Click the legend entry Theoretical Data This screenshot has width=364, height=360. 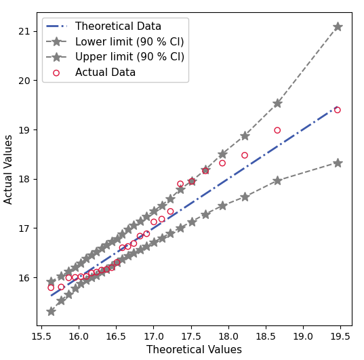118,26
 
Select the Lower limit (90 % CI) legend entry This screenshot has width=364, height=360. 129,42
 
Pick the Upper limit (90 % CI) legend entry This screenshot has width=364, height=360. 129,57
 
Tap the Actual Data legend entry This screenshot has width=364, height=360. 105,73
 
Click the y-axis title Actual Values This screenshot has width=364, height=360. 9,169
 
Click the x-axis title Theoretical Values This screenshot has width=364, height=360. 194,350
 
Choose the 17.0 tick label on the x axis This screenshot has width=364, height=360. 154,336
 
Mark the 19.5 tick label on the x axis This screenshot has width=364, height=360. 340,336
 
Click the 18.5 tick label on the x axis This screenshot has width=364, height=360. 266,336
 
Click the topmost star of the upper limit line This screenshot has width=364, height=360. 338,26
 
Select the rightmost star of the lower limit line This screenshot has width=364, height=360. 338,163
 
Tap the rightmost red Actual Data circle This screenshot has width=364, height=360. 337,110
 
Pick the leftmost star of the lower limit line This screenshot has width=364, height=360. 51,311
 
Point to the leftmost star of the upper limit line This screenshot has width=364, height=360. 51,281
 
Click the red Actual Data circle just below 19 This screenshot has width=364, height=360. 277,130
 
